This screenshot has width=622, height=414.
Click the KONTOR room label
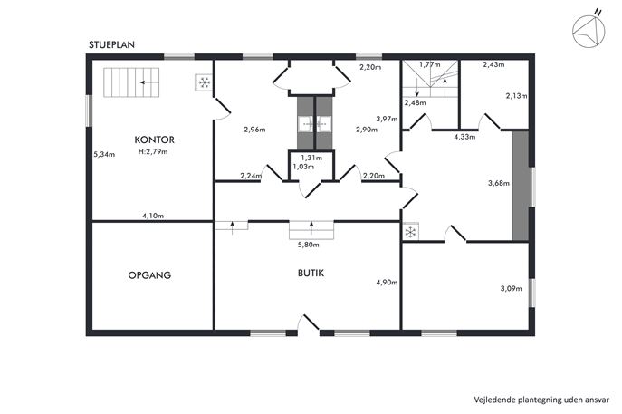tap(154, 140)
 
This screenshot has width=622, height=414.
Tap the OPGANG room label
tap(149, 275)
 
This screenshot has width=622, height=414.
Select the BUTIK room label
tap(311, 273)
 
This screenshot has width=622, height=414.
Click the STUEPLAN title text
tap(111, 45)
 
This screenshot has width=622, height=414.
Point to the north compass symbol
tap(589, 30)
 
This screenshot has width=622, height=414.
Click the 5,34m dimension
tap(104, 154)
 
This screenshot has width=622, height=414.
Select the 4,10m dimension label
tap(153, 216)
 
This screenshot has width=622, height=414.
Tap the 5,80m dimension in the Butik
tap(308, 245)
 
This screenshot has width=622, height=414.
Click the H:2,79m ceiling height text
tap(153, 151)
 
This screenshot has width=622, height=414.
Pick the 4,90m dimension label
tap(387, 283)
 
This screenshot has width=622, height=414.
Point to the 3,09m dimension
tap(511, 289)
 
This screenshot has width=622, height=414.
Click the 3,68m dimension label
tap(499, 183)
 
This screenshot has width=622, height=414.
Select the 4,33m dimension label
tap(464, 137)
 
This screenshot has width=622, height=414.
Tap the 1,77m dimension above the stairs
tap(430, 64)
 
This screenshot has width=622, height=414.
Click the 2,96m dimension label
tap(254, 129)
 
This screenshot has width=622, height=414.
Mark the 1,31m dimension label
tap(311, 158)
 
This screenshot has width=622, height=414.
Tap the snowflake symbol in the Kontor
tap(205, 82)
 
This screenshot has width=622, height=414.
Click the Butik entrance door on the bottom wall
tap(309, 323)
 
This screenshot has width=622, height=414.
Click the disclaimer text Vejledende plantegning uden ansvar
tap(541, 400)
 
